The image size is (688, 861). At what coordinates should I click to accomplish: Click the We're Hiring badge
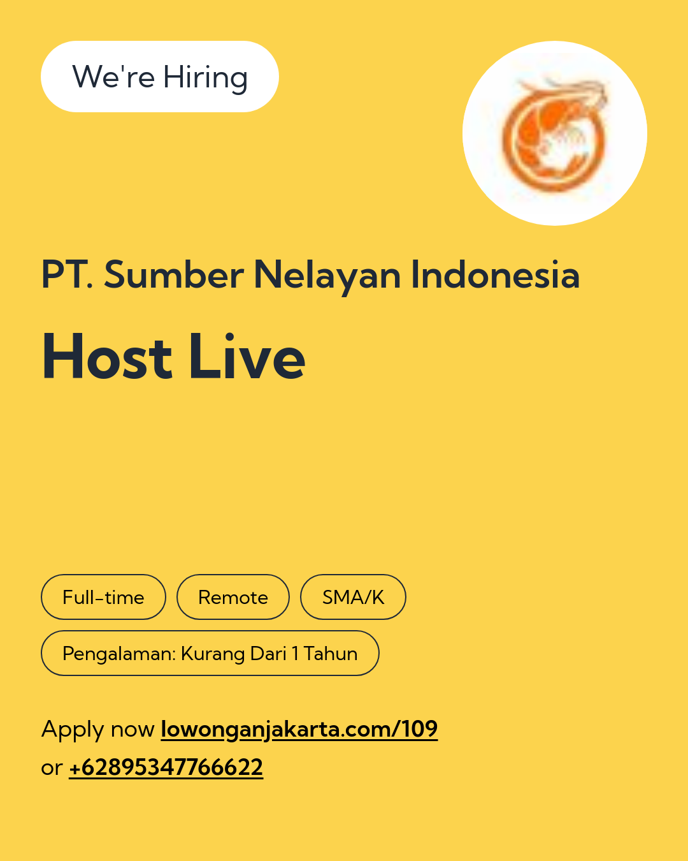[x=159, y=77]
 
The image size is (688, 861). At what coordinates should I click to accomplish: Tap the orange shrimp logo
[x=554, y=134]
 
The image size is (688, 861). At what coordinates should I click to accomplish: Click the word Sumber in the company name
[x=174, y=275]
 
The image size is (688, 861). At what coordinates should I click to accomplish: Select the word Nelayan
[x=327, y=277]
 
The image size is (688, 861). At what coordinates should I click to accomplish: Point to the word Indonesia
[x=496, y=274]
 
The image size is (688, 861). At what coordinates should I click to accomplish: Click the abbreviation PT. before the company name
[x=67, y=274]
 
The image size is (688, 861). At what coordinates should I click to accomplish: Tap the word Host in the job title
[x=107, y=356]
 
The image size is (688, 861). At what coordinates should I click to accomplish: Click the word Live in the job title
[x=247, y=356]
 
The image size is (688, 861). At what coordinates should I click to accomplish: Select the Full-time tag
[x=103, y=597]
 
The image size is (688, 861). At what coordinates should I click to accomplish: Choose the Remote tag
[x=233, y=597]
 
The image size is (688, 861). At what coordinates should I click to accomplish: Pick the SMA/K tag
[x=353, y=597]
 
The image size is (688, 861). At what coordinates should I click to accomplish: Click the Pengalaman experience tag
[x=210, y=653]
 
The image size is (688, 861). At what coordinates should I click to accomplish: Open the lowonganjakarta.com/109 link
[x=299, y=730]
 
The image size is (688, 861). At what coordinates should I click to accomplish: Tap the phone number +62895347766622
[x=166, y=767]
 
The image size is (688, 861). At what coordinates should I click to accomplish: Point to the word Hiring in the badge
[x=206, y=78]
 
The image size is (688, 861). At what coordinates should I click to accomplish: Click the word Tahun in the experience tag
[x=331, y=654]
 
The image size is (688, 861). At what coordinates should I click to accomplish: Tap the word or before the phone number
[x=52, y=769]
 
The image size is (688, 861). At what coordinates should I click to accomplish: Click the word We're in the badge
[x=113, y=77]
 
